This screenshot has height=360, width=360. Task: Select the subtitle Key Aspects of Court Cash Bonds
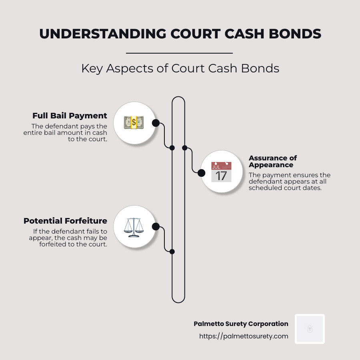[180, 68]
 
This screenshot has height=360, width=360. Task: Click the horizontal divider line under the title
[179, 53]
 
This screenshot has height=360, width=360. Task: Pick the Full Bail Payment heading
[70, 116]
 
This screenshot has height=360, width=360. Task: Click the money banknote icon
[134, 122]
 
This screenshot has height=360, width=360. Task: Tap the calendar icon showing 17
[221, 172]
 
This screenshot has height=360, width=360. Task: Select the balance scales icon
[134, 226]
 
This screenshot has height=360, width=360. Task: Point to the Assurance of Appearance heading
[273, 161]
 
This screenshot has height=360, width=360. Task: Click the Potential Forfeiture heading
[65, 221]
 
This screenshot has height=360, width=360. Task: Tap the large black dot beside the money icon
[156, 123]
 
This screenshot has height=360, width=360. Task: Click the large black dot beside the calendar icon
[202, 173]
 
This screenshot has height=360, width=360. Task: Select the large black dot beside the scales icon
[156, 227]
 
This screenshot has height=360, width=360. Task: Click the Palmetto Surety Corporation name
[241, 324]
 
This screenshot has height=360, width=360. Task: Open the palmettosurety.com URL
[244, 336]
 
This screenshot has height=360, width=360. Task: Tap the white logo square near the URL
[310, 329]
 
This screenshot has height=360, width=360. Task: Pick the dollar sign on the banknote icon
[134, 122]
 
